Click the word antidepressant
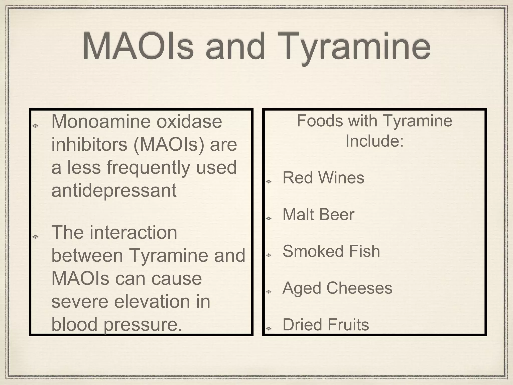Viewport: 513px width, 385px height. click(x=114, y=190)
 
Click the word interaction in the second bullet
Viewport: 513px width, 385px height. click(x=133, y=233)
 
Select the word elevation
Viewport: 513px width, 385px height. click(x=152, y=302)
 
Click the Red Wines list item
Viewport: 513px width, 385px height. click(x=323, y=178)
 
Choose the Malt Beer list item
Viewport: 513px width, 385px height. click(x=318, y=215)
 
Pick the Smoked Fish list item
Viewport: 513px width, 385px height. click(x=331, y=251)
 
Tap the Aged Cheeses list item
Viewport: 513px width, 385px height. click(x=337, y=288)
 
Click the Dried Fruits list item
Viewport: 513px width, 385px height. click(x=326, y=325)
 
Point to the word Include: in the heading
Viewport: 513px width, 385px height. click(x=374, y=141)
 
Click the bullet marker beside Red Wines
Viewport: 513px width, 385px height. click(x=269, y=182)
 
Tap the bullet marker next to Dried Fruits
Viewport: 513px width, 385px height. click(x=269, y=329)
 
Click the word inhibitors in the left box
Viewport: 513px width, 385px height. click(x=90, y=145)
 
